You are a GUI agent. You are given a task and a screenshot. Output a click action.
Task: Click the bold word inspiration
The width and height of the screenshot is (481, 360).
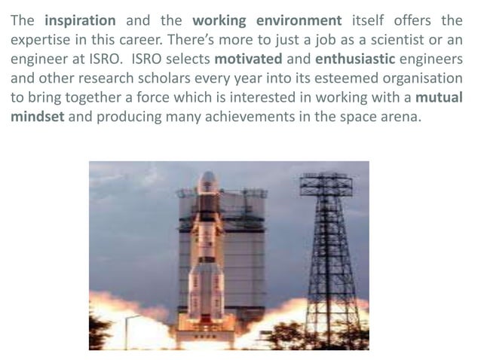[80, 20]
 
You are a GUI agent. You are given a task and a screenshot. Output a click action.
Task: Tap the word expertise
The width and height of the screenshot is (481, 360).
[40, 40]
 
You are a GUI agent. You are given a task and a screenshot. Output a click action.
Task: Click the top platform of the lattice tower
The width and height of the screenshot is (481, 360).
[325, 182]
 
